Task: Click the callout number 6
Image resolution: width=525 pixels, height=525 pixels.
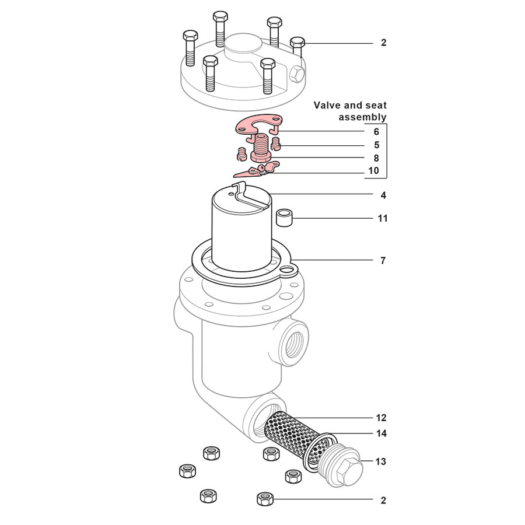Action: [x=376, y=132]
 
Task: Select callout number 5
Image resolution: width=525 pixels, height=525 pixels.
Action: [x=376, y=145]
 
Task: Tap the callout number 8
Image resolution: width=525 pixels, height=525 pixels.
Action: [x=376, y=158]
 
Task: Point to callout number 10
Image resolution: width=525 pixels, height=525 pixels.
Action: [x=374, y=171]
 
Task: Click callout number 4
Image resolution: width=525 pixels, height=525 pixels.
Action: [x=383, y=195]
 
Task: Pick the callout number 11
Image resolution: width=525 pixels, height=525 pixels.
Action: [x=383, y=218]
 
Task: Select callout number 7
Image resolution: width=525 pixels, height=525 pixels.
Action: [x=383, y=261]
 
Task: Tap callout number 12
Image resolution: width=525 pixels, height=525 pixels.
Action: [x=380, y=418]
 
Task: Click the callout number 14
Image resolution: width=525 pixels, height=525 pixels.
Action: [x=380, y=433]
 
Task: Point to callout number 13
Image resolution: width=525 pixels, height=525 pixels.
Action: [x=380, y=461]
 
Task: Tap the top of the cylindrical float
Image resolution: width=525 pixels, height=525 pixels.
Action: [x=240, y=199]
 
